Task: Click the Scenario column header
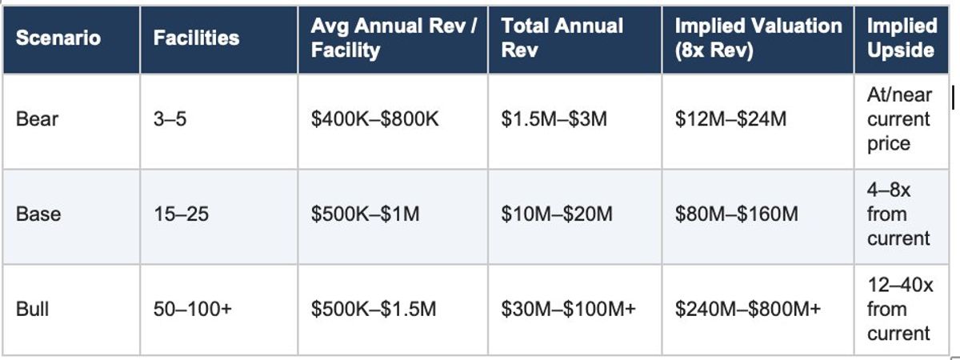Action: [58, 38]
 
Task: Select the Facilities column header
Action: [196, 38]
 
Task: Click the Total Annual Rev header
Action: [562, 38]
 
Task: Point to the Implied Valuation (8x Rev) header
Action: [758, 38]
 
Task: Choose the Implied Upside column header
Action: [902, 38]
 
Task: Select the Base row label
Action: [38, 214]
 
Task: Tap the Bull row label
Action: [33, 309]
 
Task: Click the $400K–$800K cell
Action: [375, 120]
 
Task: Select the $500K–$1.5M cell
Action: [374, 309]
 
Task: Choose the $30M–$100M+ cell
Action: [568, 309]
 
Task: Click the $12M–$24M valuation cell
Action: [730, 120]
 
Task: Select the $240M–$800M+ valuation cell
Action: [747, 309]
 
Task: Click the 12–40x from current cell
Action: [899, 309]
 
